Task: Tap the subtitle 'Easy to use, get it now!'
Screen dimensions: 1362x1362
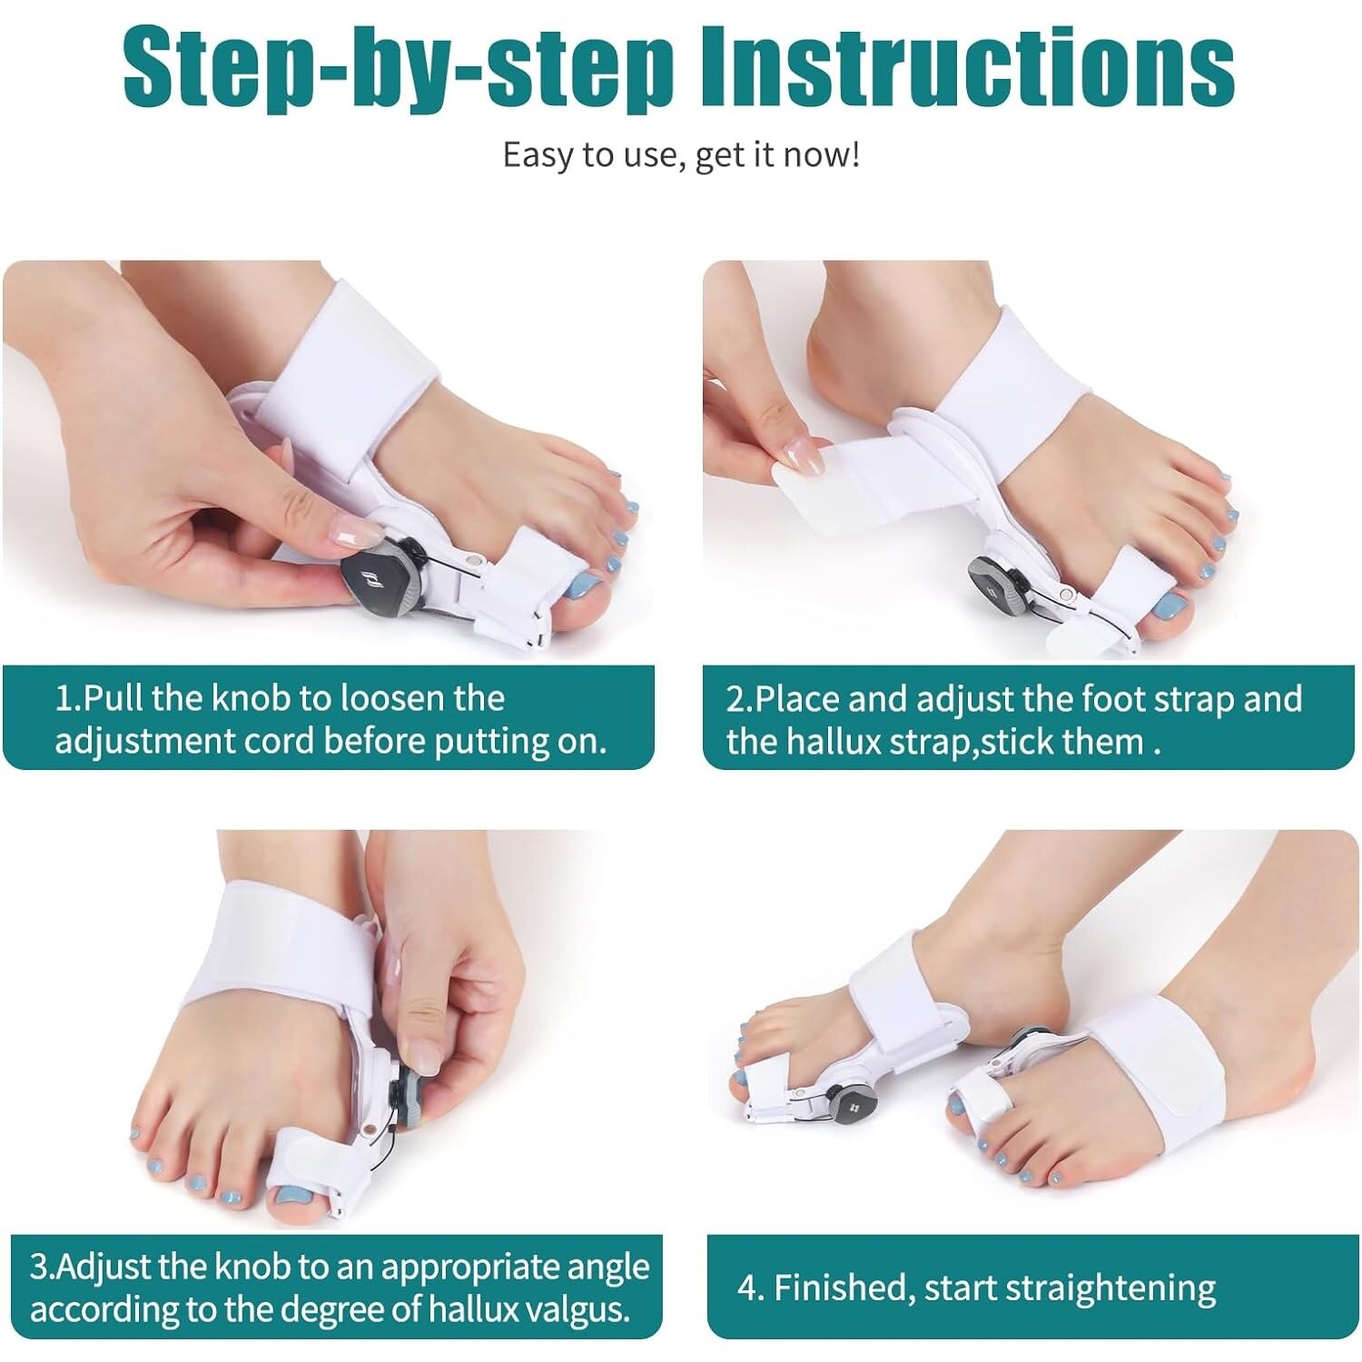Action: tap(681, 154)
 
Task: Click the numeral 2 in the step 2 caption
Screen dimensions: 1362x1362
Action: tap(735, 700)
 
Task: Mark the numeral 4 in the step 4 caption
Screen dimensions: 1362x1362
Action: tap(747, 1288)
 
